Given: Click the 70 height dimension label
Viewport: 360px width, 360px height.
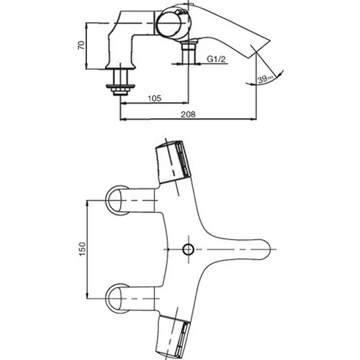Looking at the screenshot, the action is point(81,45).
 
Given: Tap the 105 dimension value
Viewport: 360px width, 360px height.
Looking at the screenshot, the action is point(154,98).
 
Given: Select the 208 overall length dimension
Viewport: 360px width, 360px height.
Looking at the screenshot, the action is point(188,114).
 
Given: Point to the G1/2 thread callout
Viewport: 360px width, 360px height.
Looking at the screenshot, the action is point(216,59).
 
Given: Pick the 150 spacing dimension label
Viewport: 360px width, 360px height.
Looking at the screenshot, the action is point(82,249).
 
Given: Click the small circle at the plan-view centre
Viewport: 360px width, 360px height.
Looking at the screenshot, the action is point(188,249).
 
